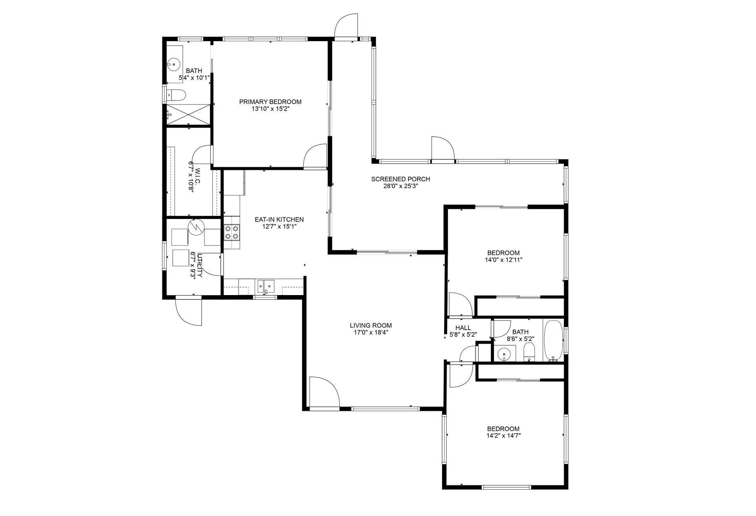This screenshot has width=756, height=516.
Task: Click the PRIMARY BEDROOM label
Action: click(270, 102)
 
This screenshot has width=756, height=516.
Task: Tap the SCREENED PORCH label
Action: click(401, 179)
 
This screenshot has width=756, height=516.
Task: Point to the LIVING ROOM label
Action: click(371, 325)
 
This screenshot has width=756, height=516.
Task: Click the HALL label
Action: click(463, 328)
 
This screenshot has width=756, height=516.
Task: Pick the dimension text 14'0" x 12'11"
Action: click(504, 260)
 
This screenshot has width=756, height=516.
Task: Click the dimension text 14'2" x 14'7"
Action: click(503, 436)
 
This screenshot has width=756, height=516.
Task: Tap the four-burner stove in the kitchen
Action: click(231, 232)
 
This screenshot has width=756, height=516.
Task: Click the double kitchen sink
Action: click(266, 286)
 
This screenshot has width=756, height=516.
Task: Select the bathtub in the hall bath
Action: click(553, 341)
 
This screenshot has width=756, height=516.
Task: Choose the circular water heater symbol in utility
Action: click(195, 227)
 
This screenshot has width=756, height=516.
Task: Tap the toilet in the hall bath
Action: click(530, 352)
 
